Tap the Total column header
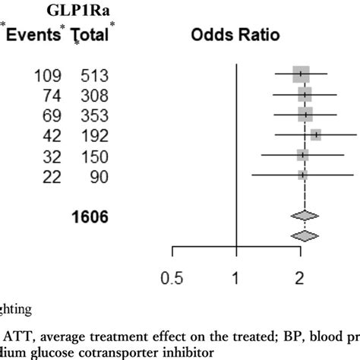click(x=90, y=35)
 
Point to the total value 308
click(x=96, y=95)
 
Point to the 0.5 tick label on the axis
click(x=173, y=279)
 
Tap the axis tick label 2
click(x=302, y=279)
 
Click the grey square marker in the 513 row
click(x=301, y=74)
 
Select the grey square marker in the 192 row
click(x=315, y=135)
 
